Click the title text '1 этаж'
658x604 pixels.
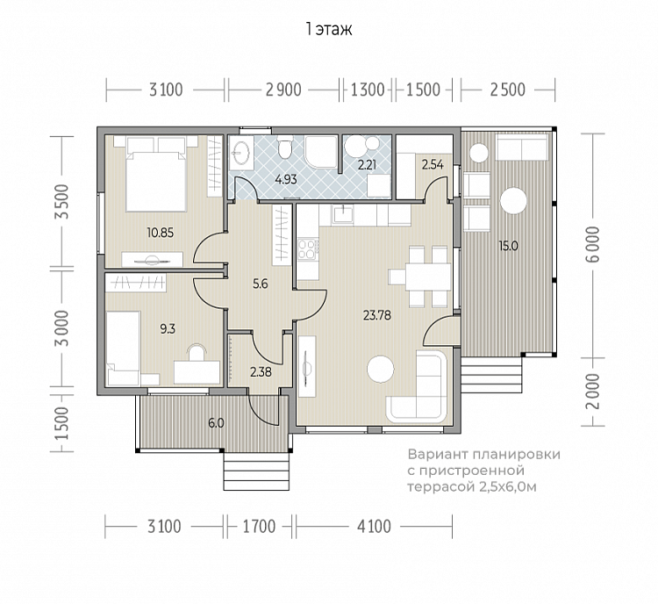[x=329, y=29]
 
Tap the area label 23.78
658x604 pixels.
[x=377, y=315]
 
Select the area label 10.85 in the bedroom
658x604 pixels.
[x=161, y=233]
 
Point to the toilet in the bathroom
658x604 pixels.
[x=285, y=148]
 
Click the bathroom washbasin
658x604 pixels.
[x=241, y=153]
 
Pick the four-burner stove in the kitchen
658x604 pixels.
[x=307, y=248]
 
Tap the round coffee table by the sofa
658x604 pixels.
[x=381, y=370]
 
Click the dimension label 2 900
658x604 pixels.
[x=283, y=90]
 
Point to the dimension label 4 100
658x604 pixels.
[x=374, y=526]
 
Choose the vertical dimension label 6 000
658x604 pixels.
[x=593, y=244]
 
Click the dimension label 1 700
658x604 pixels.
[x=260, y=526]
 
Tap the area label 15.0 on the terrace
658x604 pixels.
[x=508, y=246]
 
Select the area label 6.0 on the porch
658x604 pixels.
[x=216, y=423]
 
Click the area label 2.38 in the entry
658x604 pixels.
[x=261, y=371]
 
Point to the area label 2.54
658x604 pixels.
[x=433, y=165]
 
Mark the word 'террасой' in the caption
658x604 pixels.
[x=440, y=487]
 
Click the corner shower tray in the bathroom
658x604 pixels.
[x=321, y=151]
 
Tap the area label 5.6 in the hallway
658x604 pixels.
[x=261, y=284]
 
